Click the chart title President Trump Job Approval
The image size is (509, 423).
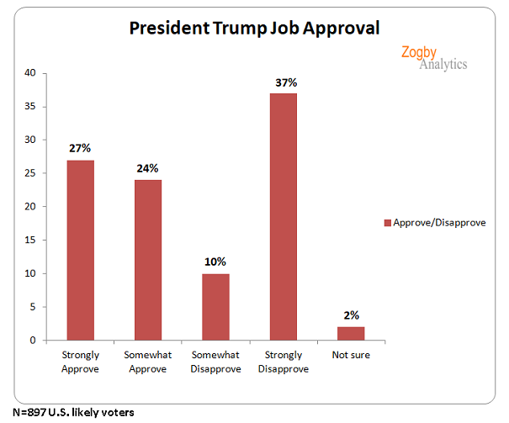coord(254,27)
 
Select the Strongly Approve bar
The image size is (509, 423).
coord(81,250)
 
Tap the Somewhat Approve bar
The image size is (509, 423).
coord(148,260)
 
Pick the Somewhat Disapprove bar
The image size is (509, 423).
coord(215,307)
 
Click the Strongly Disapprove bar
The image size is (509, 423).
coord(283,216)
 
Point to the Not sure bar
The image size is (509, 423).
coord(350,333)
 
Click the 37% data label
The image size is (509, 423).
coord(284,82)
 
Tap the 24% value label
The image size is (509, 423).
coord(149,169)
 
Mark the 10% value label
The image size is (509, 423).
coord(216,262)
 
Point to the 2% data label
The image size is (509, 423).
coord(351,315)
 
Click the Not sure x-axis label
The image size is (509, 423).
coord(350,355)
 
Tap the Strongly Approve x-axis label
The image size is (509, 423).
coord(81,361)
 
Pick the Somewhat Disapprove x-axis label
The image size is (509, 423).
coord(215,361)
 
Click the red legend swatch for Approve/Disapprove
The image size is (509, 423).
coord(388,223)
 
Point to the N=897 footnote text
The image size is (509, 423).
coord(67,412)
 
